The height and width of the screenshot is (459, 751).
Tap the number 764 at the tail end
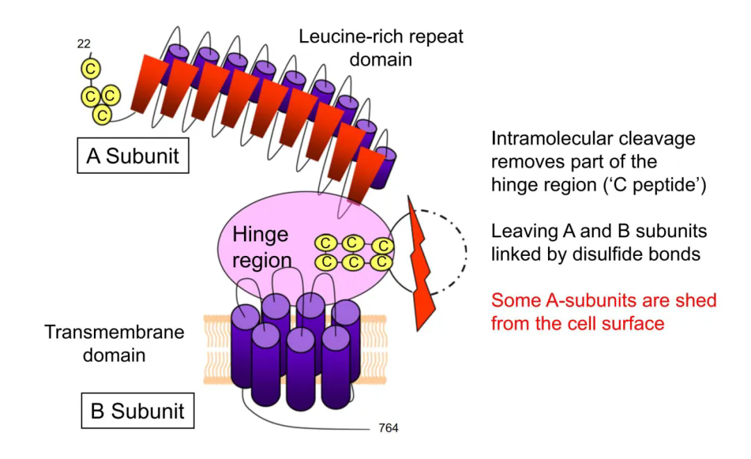click(x=387, y=427)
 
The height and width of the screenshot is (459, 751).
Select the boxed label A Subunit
click(x=131, y=156)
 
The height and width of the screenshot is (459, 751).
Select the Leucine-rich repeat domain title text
click(x=380, y=47)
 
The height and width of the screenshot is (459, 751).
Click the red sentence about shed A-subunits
click(x=603, y=312)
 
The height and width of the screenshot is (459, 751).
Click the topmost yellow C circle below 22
click(x=90, y=68)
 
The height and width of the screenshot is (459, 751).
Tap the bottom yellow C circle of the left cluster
click(x=102, y=115)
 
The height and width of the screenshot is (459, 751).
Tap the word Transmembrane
click(x=115, y=331)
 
